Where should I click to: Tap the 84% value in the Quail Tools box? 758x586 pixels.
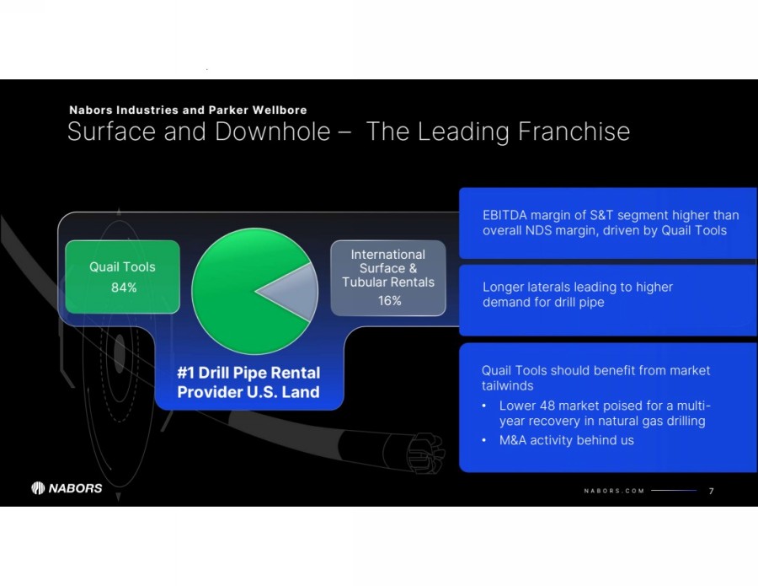(x=124, y=288)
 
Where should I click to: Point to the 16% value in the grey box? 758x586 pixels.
(x=390, y=300)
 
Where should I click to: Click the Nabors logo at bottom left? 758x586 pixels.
(x=67, y=487)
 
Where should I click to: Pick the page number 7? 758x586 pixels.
(x=711, y=491)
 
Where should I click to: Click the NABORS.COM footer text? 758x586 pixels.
(x=614, y=491)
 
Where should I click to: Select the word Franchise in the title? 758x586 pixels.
(x=574, y=132)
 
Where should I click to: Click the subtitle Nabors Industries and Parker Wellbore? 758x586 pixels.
(x=188, y=110)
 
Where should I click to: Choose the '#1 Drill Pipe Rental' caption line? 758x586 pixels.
(x=248, y=373)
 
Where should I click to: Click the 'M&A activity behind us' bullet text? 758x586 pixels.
(x=567, y=440)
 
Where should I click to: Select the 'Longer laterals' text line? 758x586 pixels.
(x=578, y=287)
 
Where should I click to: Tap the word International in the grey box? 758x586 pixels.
(x=388, y=254)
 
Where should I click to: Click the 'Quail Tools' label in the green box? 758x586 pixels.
(x=122, y=266)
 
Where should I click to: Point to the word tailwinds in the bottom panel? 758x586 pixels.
(x=508, y=385)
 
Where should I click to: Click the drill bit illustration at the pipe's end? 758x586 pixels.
(x=425, y=453)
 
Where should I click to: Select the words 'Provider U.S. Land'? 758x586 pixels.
(x=248, y=392)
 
